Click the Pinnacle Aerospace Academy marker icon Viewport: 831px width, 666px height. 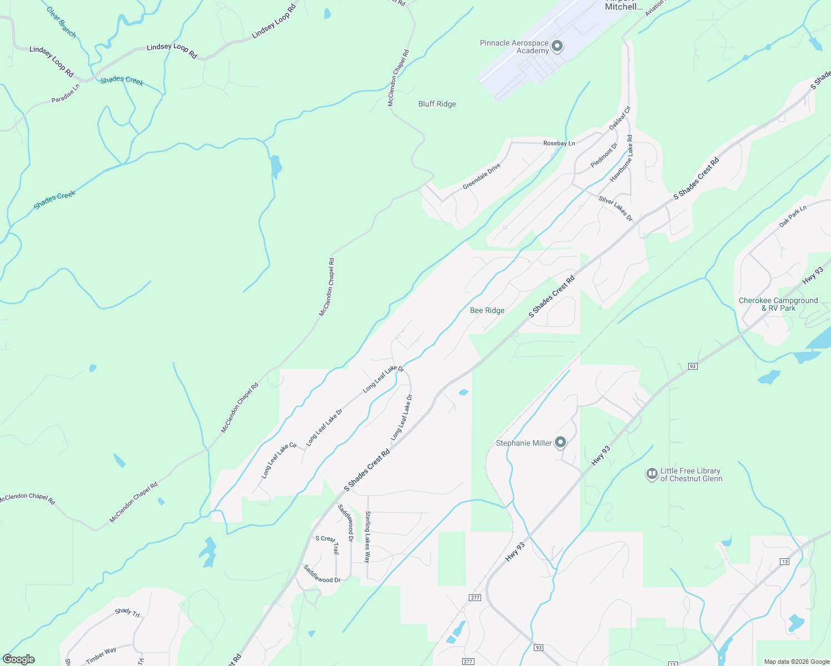(557, 47)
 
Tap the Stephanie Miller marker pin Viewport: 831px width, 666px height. (560, 442)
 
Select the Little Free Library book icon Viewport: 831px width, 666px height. (652, 475)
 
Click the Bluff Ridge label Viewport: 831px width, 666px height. (437, 104)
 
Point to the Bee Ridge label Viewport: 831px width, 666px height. (487, 310)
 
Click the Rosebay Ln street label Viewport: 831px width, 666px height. (559, 143)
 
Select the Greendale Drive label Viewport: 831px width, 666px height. (482, 176)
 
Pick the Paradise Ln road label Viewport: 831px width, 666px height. (66, 93)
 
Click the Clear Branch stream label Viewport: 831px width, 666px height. (61, 22)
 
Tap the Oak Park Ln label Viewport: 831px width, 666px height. (793, 216)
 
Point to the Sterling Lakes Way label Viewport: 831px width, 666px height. (367, 537)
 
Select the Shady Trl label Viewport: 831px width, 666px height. (127, 612)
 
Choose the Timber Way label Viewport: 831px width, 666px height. (101, 655)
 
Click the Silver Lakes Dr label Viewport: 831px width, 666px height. (615, 208)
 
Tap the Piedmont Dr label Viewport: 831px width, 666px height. (604, 155)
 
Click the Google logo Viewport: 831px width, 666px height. (19, 659)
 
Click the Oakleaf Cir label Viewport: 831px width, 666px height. (620, 118)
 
